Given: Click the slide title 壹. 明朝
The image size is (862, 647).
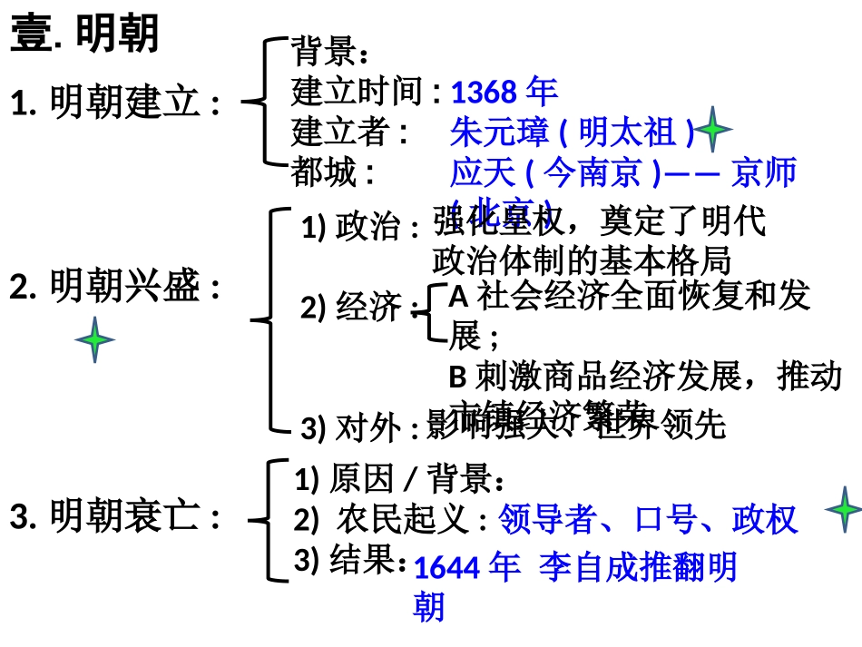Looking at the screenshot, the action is [84, 34].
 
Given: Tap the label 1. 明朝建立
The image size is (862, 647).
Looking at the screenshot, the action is [115, 103].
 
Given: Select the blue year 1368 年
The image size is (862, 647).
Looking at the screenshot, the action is [504, 92].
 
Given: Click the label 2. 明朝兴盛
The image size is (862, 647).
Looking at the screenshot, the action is [115, 288].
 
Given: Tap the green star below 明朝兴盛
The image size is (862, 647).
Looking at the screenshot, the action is [95, 340].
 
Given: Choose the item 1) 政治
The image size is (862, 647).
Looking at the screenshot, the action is [359, 227].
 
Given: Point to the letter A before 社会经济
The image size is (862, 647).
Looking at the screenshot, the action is [458, 296].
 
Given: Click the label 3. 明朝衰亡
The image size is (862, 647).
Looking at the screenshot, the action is [115, 517].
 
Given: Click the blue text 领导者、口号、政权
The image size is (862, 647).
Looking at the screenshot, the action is [648, 519].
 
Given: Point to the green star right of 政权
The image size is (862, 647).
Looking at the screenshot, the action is [843, 510].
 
